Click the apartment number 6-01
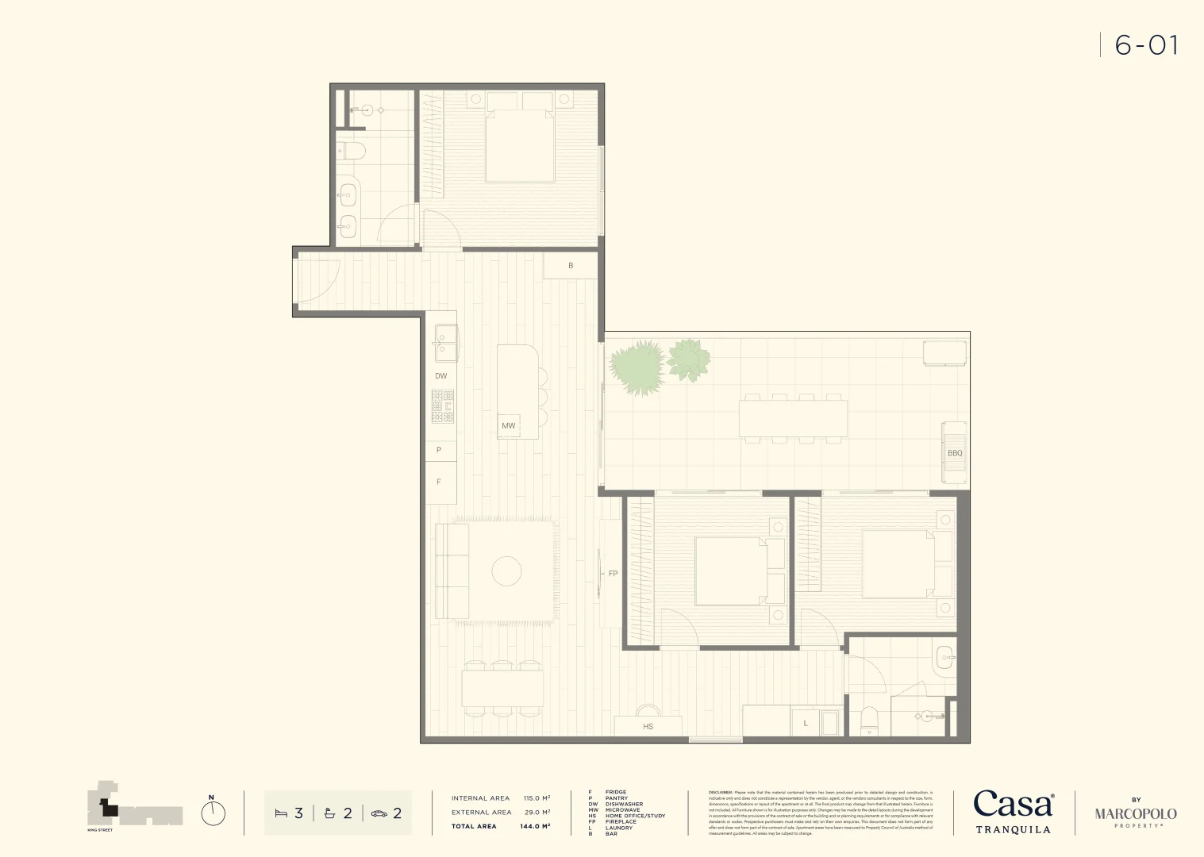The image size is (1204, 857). click(x=1146, y=45)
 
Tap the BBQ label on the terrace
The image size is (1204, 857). click(x=955, y=453)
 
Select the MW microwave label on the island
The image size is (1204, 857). click(x=509, y=426)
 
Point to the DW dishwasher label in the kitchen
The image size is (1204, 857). click(x=441, y=376)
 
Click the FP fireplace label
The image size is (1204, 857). click(x=613, y=574)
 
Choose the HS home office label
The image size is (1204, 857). click(x=648, y=727)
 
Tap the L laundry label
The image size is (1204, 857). click(x=806, y=724)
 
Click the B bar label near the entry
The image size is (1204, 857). click(x=571, y=266)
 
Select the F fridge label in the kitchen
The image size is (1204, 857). click(x=439, y=482)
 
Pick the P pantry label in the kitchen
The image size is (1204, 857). click(x=439, y=450)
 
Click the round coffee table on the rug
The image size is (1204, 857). click(x=506, y=571)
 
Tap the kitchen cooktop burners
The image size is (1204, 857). click(x=443, y=406)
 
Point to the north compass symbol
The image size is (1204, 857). click(x=213, y=813)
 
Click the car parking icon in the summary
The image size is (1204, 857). click(x=379, y=813)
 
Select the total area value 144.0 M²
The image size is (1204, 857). click(x=535, y=826)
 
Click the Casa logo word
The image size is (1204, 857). click(x=1013, y=805)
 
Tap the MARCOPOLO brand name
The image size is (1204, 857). click(x=1136, y=814)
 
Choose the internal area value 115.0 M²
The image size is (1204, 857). click(x=537, y=798)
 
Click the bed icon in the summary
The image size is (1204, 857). click(x=280, y=813)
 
